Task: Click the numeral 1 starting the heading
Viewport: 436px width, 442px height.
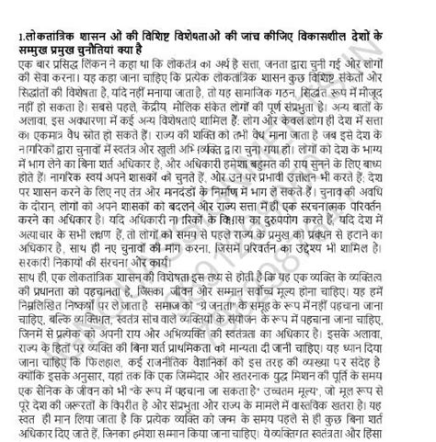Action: (x=5, y=35)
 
